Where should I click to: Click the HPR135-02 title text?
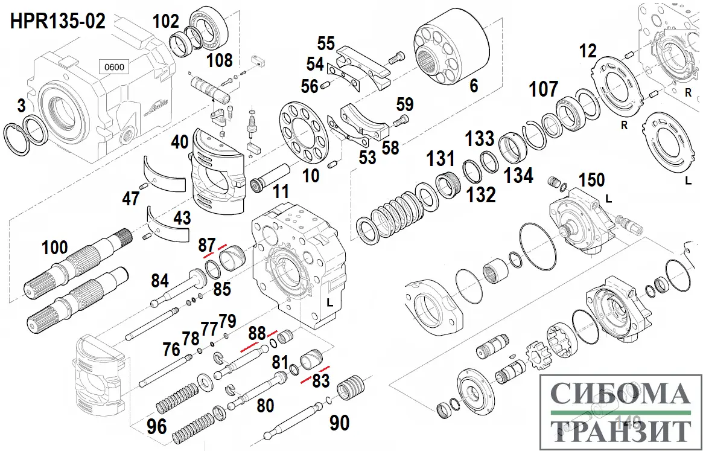click(x=57, y=22)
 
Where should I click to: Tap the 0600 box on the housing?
click(x=114, y=66)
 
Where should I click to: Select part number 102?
click(x=166, y=22)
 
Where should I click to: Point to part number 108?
click(x=219, y=60)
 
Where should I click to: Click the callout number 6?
click(x=473, y=86)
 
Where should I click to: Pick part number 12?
click(x=588, y=51)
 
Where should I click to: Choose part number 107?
click(x=544, y=89)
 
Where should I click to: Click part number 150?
click(x=591, y=180)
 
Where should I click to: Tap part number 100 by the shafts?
click(x=55, y=247)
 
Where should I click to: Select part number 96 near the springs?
click(x=156, y=426)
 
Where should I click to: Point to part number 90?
click(x=339, y=423)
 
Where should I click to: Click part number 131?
click(x=441, y=159)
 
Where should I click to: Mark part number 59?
click(x=405, y=104)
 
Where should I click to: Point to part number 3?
click(x=22, y=107)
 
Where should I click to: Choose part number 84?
click(x=159, y=280)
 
